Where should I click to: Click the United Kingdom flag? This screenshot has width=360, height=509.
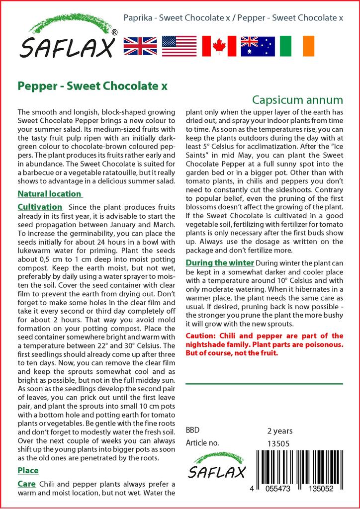(x=141, y=46)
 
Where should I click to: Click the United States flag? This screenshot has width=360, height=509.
(x=180, y=46)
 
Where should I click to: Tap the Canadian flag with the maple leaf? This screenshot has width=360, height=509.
(x=218, y=46)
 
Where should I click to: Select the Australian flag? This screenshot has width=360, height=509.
(x=258, y=46)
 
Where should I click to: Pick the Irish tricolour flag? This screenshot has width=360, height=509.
(x=297, y=46)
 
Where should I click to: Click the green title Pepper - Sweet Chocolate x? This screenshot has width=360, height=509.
(x=92, y=85)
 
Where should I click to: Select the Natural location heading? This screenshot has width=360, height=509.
(x=49, y=194)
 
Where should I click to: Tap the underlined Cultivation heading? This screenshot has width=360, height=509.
(x=40, y=207)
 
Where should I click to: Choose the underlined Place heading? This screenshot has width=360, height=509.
(x=28, y=470)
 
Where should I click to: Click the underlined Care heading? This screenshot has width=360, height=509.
(x=26, y=483)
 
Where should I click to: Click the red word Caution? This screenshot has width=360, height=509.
(x=201, y=336)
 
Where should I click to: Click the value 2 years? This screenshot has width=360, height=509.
(x=280, y=431)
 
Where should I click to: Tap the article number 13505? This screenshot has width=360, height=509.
(x=278, y=443)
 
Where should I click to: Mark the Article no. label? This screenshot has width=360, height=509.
(x=202, y=443)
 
